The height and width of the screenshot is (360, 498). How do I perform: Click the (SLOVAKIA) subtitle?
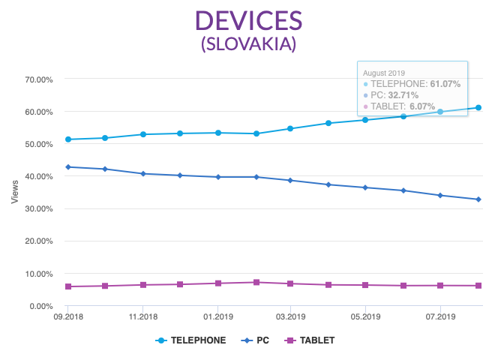point(248,44)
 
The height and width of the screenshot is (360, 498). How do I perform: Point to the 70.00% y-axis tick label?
point(37,79)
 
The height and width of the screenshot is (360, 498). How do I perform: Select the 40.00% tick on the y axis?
point(37,176)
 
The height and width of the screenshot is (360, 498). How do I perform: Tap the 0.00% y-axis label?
point(40,306)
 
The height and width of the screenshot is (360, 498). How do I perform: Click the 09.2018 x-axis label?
point(68,317)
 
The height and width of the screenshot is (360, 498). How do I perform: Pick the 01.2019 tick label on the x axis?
point(217,317)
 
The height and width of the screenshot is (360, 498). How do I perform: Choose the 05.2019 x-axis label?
point(365,317)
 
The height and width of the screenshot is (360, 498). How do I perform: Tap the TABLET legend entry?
point(310,340)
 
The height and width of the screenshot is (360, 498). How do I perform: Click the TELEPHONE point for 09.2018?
point(68,139)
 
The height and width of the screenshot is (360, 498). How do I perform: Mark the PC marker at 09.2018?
point(68,167)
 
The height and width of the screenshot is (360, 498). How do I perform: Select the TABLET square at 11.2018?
point(142,285)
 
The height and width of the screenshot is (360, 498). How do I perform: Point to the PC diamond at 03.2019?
point(291,181)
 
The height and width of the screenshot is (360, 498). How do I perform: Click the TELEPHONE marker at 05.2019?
point(365,120)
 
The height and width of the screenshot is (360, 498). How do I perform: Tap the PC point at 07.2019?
point(439,196)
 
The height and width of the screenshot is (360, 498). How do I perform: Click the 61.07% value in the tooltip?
point(445,84)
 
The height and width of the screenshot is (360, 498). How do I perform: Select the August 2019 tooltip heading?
point(384,73)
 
